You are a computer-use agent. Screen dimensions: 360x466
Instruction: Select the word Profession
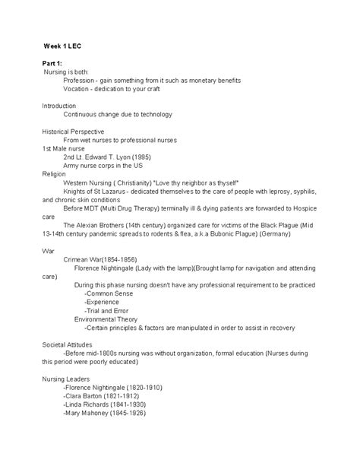coord(81,80)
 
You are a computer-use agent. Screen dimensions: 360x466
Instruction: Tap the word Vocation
coord(79,89)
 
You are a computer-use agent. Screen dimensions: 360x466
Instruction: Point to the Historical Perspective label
coord(73,131)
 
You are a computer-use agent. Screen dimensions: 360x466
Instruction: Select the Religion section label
coord(55,173)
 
